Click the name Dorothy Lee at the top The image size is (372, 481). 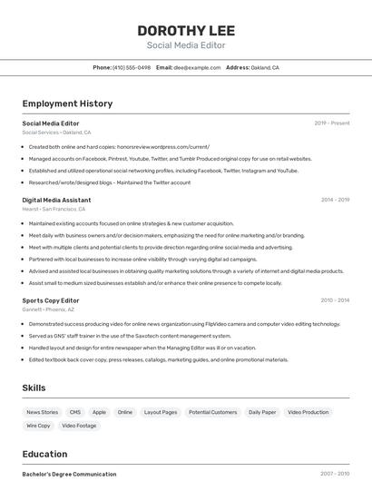[185, 30]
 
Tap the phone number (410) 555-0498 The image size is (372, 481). [131, 67]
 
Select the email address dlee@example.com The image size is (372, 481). [197, 67]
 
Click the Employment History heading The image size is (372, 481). [67, 103]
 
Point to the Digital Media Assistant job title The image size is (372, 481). [56, 200]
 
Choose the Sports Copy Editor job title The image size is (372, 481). [51, 300]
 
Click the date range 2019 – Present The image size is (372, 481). [332, 123]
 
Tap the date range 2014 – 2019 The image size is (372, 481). [335, 200]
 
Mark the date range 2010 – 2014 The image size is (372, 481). [335, 300]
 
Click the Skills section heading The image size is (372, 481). [34, 388]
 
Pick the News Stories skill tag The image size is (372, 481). [42, 412]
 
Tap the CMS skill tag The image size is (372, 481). [75, 412]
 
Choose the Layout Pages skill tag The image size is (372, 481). [161, 412]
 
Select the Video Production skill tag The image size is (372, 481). [308, 412]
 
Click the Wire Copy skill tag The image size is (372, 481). [38, 425]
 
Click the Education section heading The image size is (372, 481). [45, 453]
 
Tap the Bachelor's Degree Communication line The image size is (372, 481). [69, 474]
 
